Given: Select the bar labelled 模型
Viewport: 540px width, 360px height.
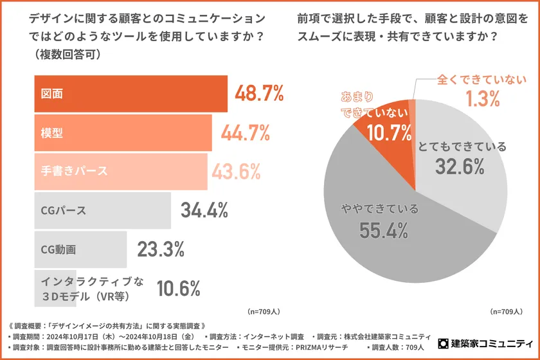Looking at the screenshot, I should [x=122, y=132].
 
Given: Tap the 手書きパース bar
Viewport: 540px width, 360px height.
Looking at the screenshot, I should [x=120, y=172].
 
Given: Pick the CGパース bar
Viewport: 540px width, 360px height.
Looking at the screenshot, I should [x=102, y=210].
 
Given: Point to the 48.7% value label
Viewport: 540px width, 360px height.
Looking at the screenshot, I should [x=259, y=94].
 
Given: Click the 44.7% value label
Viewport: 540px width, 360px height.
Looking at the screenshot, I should [x=244, y=132].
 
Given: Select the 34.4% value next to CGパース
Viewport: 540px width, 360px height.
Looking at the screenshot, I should [x=204, y=210].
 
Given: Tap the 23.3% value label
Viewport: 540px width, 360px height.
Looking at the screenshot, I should [x=161, y=249].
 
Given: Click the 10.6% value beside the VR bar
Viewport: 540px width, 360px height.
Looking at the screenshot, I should [x=179, y=289].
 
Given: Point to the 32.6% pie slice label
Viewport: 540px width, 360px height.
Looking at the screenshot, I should [x=459, y=166].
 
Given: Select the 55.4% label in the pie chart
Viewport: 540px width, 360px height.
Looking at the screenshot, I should [x=384, y=230].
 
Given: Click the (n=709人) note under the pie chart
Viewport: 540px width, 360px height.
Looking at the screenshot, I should [x=506, y=312].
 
